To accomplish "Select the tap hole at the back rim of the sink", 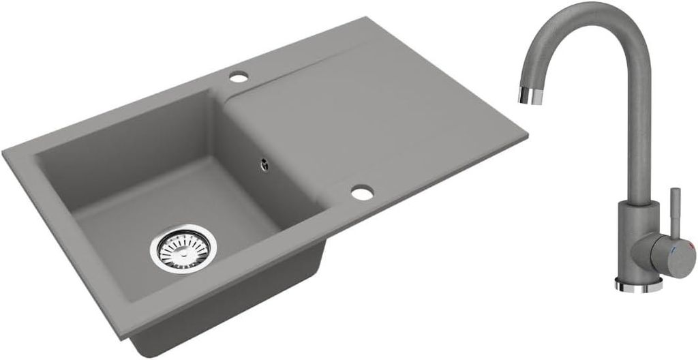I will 238,78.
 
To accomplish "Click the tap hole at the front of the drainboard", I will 363,193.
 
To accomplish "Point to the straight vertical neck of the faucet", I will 638,136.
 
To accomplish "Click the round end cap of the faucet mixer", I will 672,256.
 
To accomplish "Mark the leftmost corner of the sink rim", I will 4,151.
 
